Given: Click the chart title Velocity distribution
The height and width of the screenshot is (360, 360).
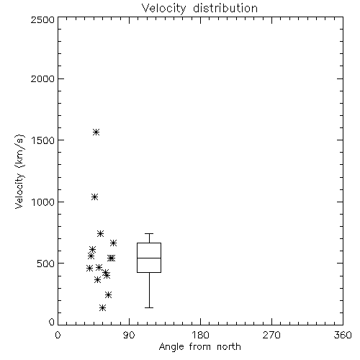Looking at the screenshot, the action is pyautogui.click(x=199, y=9).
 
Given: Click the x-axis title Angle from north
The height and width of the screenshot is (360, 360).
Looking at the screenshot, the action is pyautogui.click(x=199, y=347).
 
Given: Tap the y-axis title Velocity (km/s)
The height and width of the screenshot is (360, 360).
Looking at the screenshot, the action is pyautogui.click(x=19, y=171).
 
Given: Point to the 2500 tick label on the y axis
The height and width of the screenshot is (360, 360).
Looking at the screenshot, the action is pyautogui.click(x=43, y=20).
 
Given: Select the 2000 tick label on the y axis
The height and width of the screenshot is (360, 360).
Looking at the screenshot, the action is pyautogui.click(x=43, y=79).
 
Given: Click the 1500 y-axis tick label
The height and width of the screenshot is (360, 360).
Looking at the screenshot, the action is pyautogui.click(x=43, y=140).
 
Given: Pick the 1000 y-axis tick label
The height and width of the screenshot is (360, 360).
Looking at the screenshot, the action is pyautogui.click(x=43, y=202).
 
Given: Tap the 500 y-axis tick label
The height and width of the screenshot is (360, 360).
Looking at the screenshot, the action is pyautogui.click(x=46, y=264).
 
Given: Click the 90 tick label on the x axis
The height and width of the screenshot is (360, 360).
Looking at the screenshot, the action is pyautogui.click(x=129, y=335).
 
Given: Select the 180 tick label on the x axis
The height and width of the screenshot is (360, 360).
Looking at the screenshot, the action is pyautogui.click(x=200, y=335).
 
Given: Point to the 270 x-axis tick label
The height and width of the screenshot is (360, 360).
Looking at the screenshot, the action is pyautogui.click(x=271, y=335).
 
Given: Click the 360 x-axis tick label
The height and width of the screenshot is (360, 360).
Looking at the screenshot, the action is pyautogui.click(x=343, y=335).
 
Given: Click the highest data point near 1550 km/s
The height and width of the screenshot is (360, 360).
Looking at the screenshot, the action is pyautogui.click(x=96, y=132).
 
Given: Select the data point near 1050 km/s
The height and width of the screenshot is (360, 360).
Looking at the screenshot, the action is pyautogui.click(x=94, y=197).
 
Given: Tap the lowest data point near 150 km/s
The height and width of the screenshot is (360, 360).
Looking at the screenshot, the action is pyautogui.click(x=102, y=308).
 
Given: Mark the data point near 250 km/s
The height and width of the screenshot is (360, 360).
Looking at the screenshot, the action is pyautogui.click(x=108, y=294).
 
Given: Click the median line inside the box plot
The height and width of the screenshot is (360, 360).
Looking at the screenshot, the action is pyautogui.click(x=149, y=258).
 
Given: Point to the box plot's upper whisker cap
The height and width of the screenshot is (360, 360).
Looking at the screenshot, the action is pyautogui.click(x=149, y=233).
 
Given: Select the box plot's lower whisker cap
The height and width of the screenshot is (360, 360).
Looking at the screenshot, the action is pyautogui.click(x=149, y=307).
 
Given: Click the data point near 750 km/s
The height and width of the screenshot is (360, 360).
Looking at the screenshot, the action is pyautogui.click(x=100, y=233).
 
